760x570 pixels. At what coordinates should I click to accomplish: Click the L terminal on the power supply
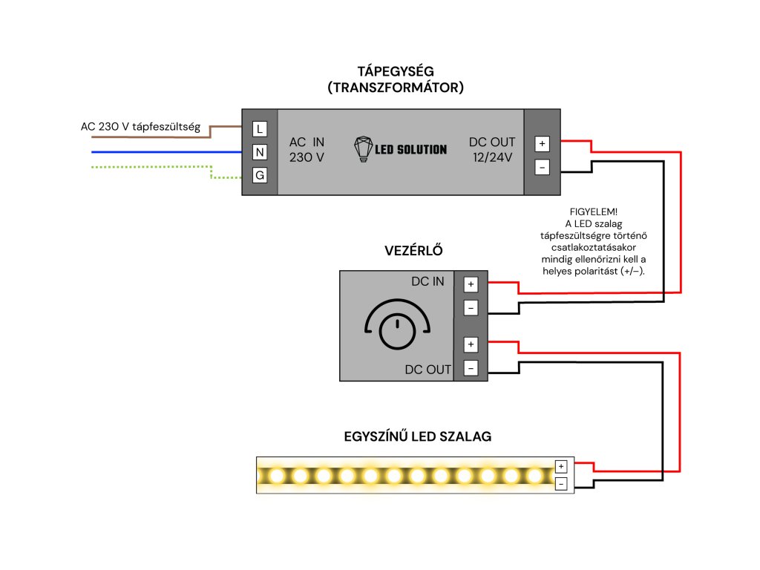pos(260,128)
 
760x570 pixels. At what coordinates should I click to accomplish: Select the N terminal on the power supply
pos(260,152)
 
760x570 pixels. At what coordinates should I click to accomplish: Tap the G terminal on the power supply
pos(260,176)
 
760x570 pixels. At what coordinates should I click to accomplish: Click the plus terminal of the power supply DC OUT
pos(542,144)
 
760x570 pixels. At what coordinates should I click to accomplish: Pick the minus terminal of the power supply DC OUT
pos(542,168)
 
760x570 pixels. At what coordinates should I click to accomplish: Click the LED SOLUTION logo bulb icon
pos(363,148)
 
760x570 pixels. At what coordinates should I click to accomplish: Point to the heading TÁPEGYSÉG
pos(396,71)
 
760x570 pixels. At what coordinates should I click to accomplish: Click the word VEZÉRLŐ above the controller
pos(413,250)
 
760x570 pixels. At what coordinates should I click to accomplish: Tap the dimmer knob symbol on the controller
pos(398,330)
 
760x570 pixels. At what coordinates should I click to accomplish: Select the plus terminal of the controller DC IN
pos(471,284)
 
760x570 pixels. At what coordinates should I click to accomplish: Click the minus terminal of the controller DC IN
pos(471,307)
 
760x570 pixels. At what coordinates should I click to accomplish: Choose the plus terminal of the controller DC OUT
pos(471,344)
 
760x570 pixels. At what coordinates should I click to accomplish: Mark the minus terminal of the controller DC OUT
pos(471,367)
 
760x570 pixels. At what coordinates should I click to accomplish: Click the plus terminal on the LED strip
pos(561,467)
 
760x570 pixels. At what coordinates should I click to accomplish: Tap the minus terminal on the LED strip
pos(561,484)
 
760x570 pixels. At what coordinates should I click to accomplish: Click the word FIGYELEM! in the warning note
pos(591,212)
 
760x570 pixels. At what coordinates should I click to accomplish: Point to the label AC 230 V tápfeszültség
pos(140,127)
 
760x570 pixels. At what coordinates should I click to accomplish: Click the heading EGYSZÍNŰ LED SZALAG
pos(417,437)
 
